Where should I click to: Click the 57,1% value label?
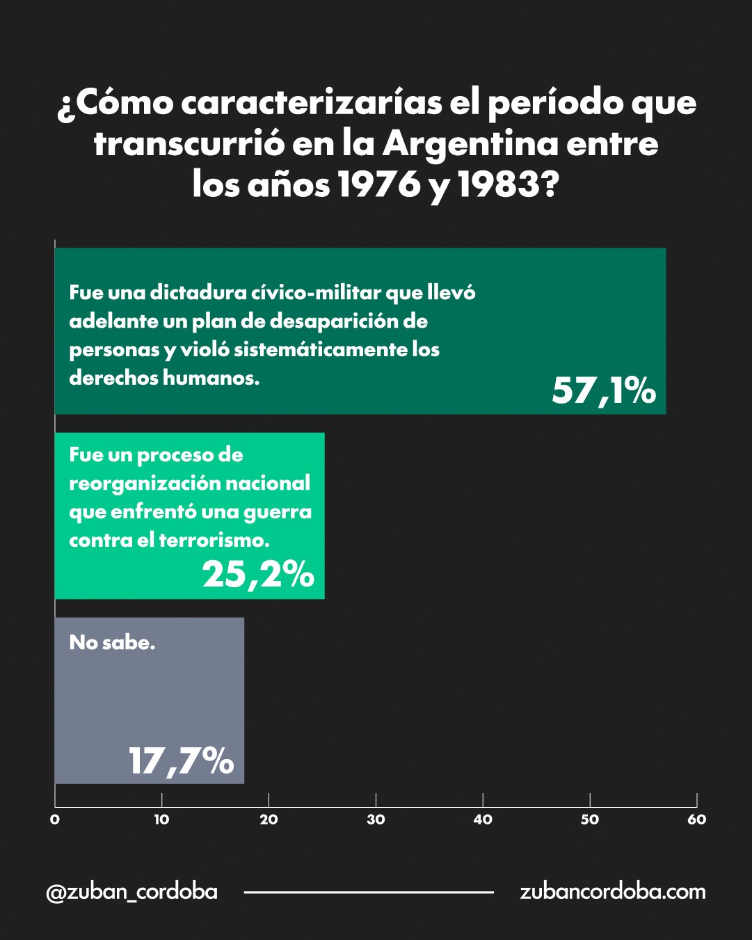coord(603,390)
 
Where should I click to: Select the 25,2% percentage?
coord(258,575)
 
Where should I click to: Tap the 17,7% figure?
coord(181,760)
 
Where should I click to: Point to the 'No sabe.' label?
coord(112,642)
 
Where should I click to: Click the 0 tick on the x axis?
coord(55,820)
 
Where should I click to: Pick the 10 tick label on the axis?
coord(161,820)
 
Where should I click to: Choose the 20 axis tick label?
coord(269,820)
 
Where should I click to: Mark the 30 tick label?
coord(376,820)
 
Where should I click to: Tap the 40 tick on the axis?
coord(483,820)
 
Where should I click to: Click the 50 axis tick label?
coord(590,820)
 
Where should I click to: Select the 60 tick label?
coord(696,820)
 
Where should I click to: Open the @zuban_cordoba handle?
coord(131,892)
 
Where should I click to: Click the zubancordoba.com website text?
coord(612,892)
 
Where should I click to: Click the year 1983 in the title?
coord(498,184)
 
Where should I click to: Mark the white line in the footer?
coord(369,892)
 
